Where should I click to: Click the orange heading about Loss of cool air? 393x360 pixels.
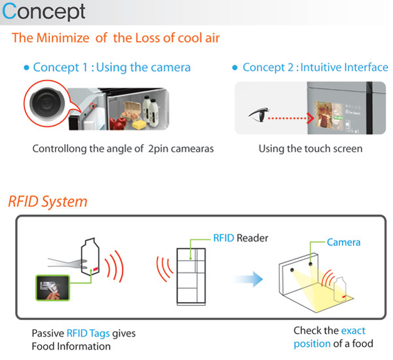(115, 37)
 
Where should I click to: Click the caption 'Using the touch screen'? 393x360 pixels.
(310, 149)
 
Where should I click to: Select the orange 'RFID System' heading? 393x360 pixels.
(47, 201)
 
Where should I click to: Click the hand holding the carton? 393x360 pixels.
(62, 264)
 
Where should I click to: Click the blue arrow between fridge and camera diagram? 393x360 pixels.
(248, 279)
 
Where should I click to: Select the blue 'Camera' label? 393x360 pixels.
(343, 242)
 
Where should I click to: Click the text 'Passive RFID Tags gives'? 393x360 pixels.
(83, 334)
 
